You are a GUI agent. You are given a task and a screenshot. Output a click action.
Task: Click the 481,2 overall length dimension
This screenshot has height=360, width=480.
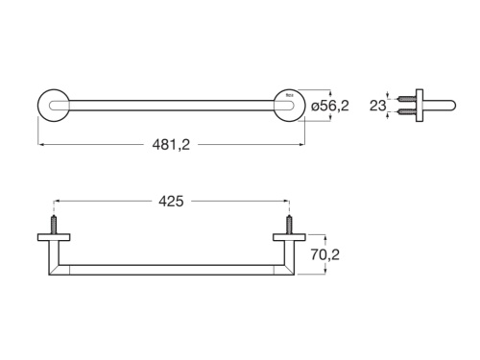(x=171, y=145)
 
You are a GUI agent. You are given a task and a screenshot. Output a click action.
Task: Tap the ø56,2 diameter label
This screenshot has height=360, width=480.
(x=330, y=106)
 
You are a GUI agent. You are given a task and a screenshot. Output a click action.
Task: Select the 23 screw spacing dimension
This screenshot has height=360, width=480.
(x=377, y=106)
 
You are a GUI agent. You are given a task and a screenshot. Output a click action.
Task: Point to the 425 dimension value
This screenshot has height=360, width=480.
(x=171, y=202)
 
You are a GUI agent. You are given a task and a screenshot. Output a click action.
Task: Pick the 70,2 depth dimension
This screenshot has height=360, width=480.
(x=325, y=254)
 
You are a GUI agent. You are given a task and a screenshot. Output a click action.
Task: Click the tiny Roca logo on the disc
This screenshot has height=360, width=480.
(x=289, y=95)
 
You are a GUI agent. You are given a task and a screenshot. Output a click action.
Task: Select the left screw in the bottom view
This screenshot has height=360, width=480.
(x=54, y=225)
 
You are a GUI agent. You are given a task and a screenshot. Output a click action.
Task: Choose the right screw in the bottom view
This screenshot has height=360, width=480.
(x=289, y=225)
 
